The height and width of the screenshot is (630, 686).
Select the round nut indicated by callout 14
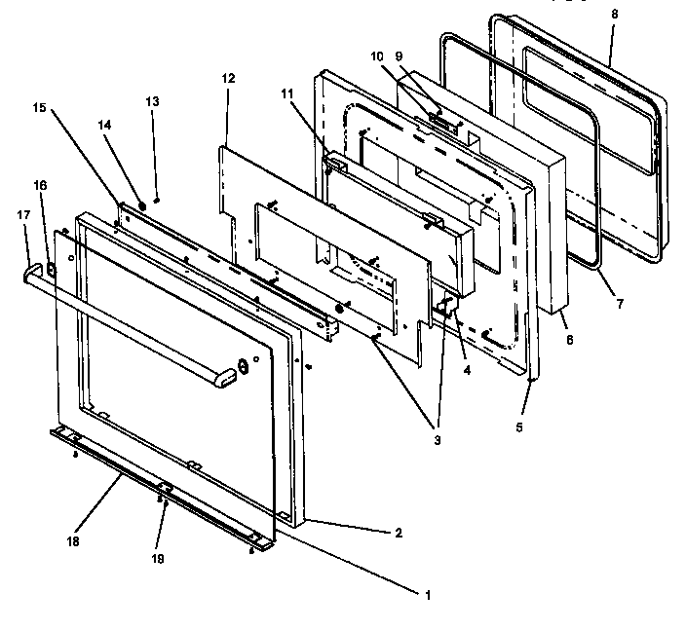[142, 205]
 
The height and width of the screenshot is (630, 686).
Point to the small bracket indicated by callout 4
[447, 310]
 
